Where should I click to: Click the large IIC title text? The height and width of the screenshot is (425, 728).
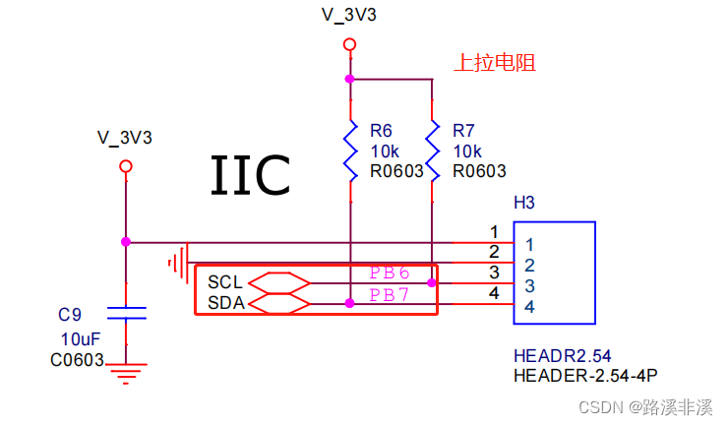coord(250,176)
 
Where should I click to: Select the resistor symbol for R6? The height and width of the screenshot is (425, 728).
coord(349,151)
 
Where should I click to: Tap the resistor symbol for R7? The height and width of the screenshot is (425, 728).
coord(432,151)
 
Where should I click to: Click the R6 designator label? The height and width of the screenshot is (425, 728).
coord(381,131)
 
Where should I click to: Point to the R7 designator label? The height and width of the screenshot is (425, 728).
coord(463,131)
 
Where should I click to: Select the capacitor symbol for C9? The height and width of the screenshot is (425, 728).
coord(126,313)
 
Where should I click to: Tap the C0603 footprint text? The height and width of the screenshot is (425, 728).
coord(77,360)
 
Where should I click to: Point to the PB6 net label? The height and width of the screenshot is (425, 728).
coord(389,273)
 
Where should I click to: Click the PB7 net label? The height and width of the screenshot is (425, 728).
coord(389,295)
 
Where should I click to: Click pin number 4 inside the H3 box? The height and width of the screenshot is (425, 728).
coord(529,308)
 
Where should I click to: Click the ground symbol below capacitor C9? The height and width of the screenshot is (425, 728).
coord(126,373)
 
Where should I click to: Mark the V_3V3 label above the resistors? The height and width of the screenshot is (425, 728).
coord(348,15)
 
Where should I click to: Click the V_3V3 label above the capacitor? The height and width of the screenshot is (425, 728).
coord(125,137)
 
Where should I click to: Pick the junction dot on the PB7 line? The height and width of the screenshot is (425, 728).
coord(349,304)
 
